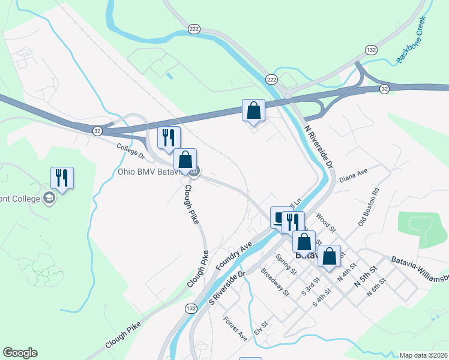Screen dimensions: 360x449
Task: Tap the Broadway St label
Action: click(x=276, y=281)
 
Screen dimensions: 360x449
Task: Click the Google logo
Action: click(x=20, y=353)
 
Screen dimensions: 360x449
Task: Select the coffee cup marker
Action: click(x=280, y=217)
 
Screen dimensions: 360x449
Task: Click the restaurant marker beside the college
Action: click(x=62, y=178)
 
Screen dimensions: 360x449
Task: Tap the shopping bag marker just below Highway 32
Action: click(x=253, y=110)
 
